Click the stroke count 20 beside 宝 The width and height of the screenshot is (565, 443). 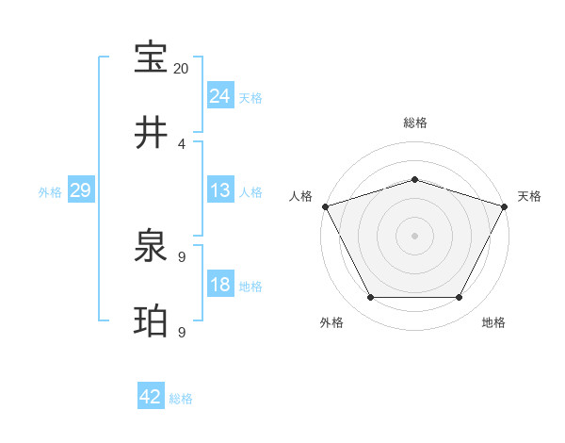182,69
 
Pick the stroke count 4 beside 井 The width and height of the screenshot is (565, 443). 182,143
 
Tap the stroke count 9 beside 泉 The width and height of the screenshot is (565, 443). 182,257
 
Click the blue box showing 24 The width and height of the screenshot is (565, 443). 220,95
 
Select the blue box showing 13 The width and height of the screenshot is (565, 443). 220,190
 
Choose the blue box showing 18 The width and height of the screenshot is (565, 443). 220,285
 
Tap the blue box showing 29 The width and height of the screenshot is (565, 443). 81,190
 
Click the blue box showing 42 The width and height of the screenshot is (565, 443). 151,397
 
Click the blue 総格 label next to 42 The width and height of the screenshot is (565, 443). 181,399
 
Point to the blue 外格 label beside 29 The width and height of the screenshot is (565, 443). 50,192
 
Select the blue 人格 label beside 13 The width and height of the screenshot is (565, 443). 250,192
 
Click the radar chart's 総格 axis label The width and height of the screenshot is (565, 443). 414,123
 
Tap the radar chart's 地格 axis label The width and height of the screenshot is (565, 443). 493,322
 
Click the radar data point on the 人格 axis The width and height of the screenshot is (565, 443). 325,206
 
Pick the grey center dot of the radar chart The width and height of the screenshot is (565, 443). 414,235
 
